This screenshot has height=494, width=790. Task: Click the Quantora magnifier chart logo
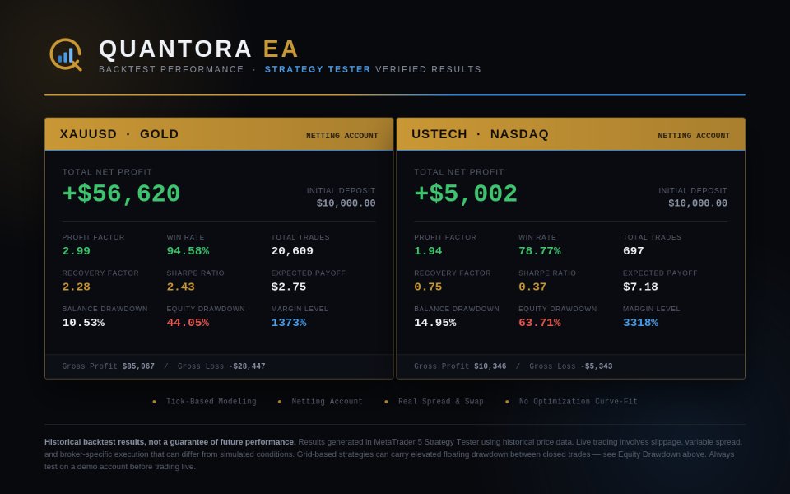(x=66, y=54)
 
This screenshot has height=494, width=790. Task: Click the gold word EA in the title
(x=281, y=49)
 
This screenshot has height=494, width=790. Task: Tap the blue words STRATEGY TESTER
(x=318, y=69)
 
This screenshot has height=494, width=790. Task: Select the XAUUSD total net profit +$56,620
(x=121, y=194)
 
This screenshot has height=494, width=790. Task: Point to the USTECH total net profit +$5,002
(x=466, y=194)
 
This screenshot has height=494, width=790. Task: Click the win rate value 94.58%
(x=188, y=251)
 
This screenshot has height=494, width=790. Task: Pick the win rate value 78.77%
(x=540, y=251)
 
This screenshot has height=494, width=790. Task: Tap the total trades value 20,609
(x=292, y=251)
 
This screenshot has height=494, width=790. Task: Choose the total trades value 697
(x=634, y=251)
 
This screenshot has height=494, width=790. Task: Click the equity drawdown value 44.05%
(x=188, y=323)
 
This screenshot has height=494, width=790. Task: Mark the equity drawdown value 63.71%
(x=540, y=323)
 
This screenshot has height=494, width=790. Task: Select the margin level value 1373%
(x=289, y=323)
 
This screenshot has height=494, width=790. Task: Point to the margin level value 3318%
(x=640, y=323)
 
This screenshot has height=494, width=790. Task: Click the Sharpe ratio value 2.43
(x=180, y=287)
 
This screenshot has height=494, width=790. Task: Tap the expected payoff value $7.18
(x=640, y=287)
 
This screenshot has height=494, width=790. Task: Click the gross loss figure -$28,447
(x=247, y=366)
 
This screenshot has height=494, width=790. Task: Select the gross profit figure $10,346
(x=490, y=366)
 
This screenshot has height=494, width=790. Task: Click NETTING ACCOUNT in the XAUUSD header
(x=342, y=136)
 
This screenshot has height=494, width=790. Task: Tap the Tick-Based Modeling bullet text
(x=211, y=402)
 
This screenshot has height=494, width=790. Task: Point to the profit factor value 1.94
(x=428, y=251)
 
